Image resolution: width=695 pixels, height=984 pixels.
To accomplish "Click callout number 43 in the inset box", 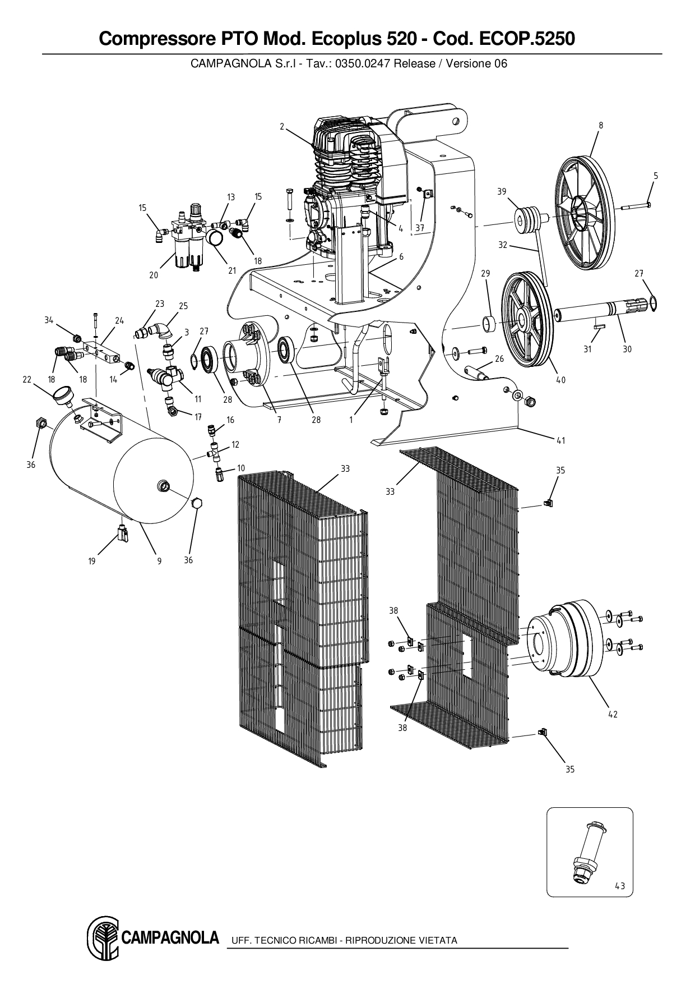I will [619, 886].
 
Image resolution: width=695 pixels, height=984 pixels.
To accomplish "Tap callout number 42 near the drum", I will [613, 714].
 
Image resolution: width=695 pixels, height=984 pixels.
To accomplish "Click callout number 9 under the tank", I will [159, 560].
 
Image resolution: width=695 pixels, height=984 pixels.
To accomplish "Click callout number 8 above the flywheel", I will [601, 126].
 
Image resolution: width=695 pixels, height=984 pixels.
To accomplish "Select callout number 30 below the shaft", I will [627, 349].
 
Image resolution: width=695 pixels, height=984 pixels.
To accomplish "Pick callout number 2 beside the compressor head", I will [282, 127].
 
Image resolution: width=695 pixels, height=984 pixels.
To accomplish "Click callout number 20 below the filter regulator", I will [154, 275].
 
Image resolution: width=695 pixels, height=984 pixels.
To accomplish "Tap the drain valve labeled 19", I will [123, 532].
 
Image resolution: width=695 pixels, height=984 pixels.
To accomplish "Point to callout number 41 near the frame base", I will [561, 440].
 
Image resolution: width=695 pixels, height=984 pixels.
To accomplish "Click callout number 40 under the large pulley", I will [560, 380].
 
